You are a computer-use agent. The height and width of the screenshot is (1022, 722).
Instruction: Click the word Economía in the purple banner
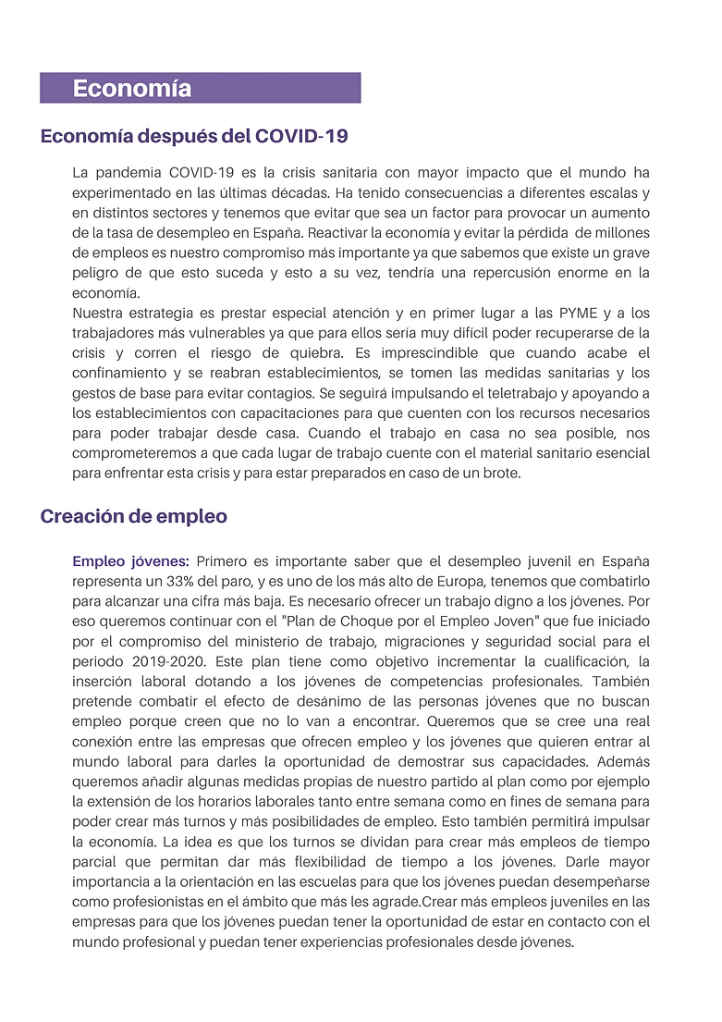[x=132, y=89]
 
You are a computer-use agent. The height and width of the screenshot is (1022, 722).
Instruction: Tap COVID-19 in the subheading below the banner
[x=301, y=137]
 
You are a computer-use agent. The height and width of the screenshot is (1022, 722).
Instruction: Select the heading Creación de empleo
[x=133, y=516]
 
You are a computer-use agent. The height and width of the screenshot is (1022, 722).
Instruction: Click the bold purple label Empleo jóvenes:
[x=130, y=561]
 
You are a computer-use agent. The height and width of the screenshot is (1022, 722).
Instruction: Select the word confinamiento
[x=120, y=373]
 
